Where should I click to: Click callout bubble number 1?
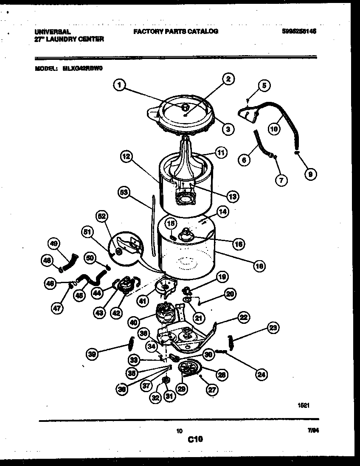(x=120, y=85)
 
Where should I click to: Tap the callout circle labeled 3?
(x=228, y=129)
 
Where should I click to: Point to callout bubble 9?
(x=310, y=174)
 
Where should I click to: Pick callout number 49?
(x=53, y=244)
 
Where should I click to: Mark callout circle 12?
(x=126, y=157)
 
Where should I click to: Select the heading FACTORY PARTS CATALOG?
(x=175, y=31)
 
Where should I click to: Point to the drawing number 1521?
(x=303, y=405)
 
